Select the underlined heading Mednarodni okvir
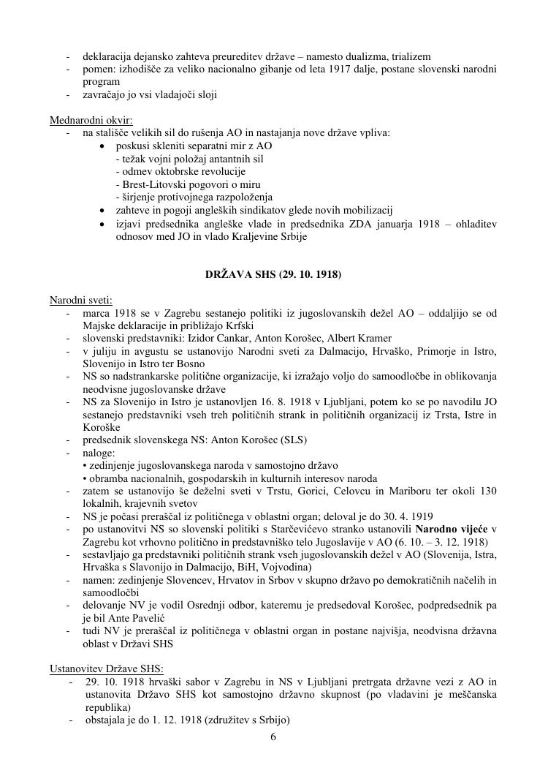click(80, 120)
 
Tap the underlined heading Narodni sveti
click(80, 301)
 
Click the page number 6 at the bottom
click(273, 737)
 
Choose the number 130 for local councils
click(488, 491)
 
